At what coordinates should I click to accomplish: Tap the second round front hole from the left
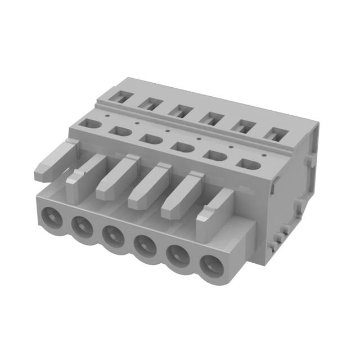pos(82,226)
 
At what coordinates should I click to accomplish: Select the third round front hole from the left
pos(112,236)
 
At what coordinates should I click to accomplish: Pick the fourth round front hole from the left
pos(145,245)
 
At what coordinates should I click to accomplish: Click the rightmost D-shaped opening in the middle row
pos(249,164)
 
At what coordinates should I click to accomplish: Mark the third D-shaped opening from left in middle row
pos(149,138)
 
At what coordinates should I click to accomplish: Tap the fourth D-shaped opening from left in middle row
pos(181,146)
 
